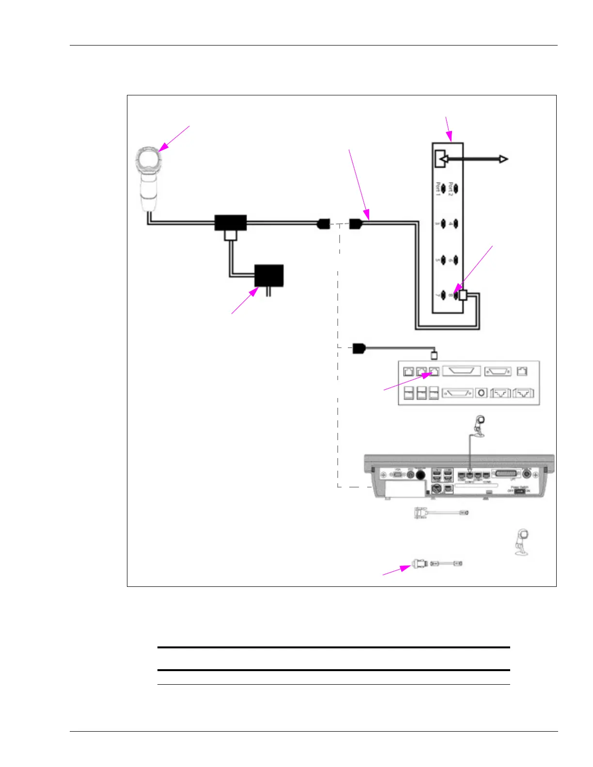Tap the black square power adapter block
[269, 276]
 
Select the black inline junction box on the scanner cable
[231, 223]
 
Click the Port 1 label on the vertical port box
[438, 188]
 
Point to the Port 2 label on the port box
[451, 188]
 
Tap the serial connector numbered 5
[444, 260]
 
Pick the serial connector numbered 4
[455, 224]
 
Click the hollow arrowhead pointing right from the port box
[504, 159]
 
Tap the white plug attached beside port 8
[463, 294]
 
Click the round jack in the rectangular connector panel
[481, 393]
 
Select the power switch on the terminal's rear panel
[520, 491]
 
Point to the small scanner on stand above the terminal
[479, 426]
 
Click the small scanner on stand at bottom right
[521, 543]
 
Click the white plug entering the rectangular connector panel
[434, 355]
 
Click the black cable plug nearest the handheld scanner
[324, 224]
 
